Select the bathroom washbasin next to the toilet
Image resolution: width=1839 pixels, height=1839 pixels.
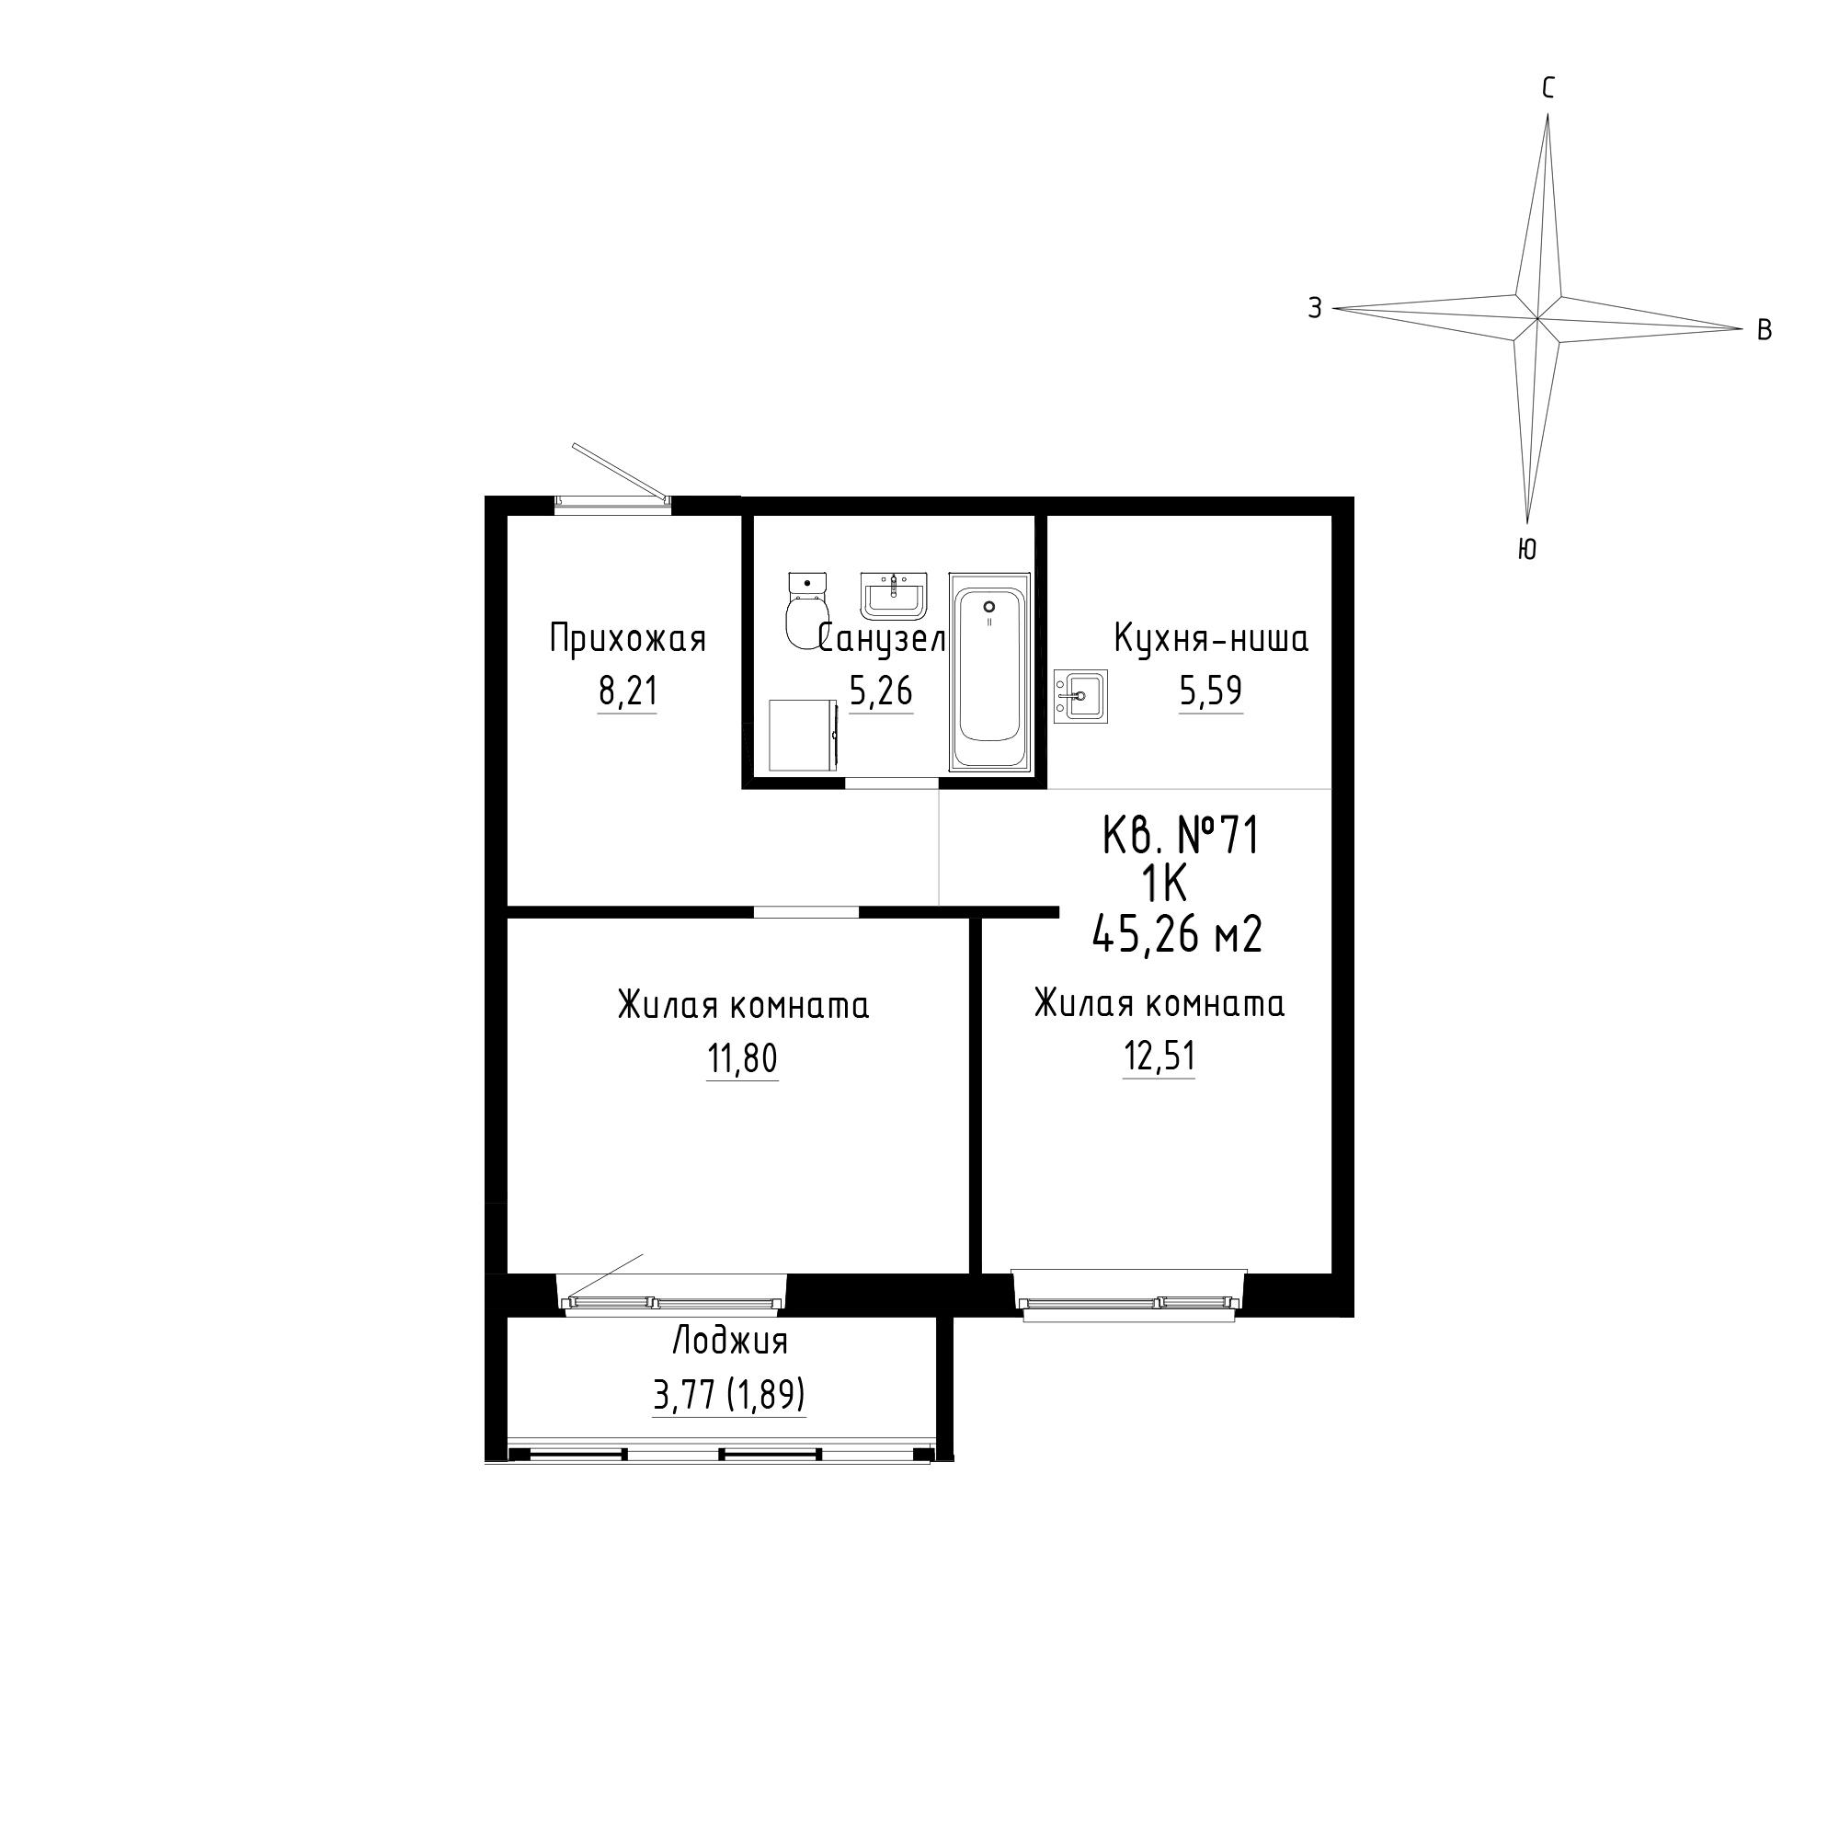[894, 596]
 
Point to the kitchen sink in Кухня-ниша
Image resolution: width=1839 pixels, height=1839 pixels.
[1080, 696]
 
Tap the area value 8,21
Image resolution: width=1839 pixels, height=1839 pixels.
[628, 691]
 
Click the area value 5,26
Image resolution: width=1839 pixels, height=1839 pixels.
[882, 691]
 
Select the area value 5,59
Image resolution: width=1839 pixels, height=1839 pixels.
[1211, 691]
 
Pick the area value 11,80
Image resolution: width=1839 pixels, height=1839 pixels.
[742, 1057]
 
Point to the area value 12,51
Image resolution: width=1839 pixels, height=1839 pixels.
[1159, 1056]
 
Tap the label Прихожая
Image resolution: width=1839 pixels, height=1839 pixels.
[628, 639]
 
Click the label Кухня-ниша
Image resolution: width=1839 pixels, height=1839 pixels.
[1211, 639]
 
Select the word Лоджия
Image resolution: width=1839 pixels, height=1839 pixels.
[730, 1342]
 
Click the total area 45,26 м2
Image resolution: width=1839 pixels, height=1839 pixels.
[1179, 935]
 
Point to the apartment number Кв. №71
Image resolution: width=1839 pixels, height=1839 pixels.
[1181, 837]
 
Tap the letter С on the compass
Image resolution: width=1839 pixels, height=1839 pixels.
[1548, 88]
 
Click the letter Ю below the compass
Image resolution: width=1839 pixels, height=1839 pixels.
[1526, 549]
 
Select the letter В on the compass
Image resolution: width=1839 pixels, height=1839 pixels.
[1764, 331]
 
